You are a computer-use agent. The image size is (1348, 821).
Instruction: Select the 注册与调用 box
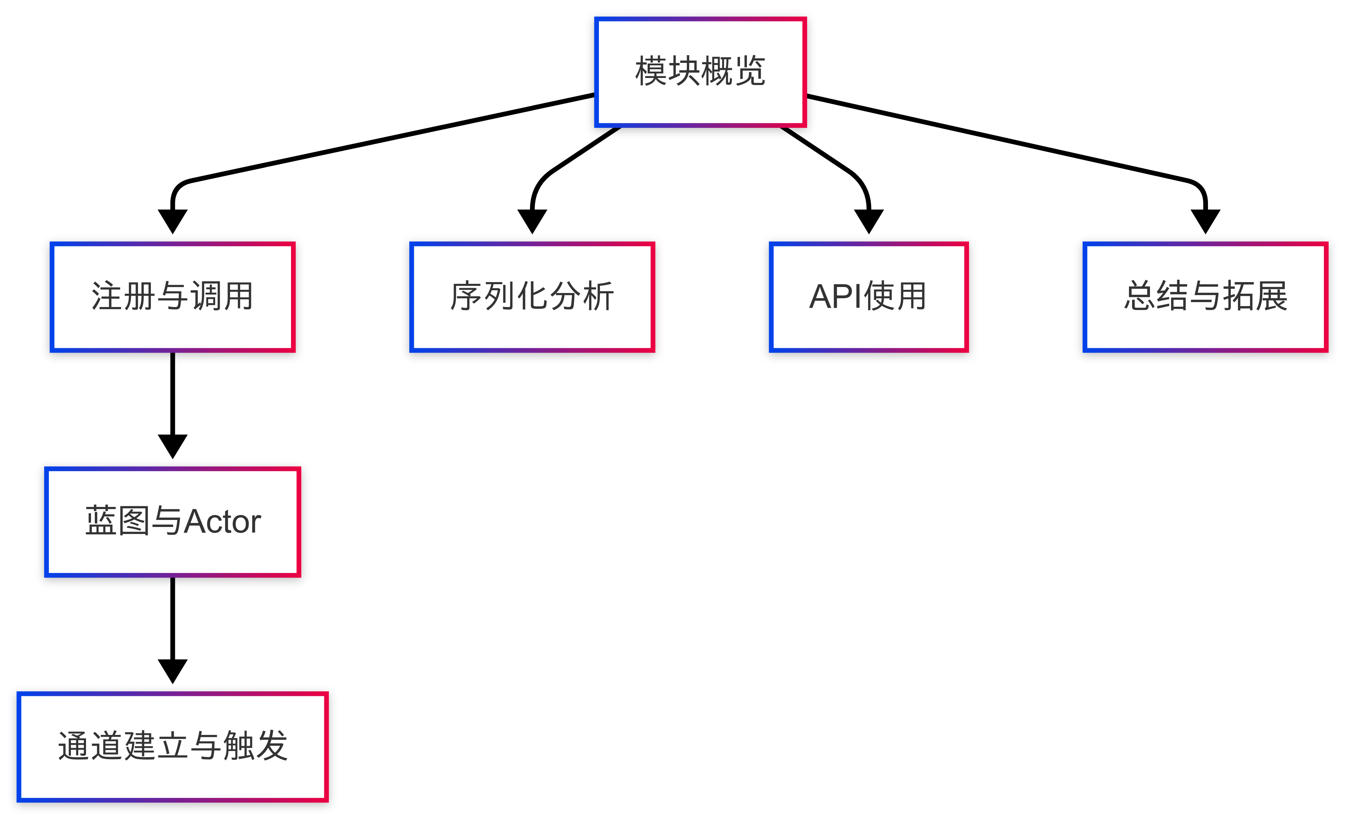tap(172, 297)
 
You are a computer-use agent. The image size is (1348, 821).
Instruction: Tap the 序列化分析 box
tap(532, 297)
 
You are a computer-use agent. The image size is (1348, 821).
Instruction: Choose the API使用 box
tap(868, 297)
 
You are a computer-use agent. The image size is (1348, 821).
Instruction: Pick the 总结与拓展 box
tap(1205, 297)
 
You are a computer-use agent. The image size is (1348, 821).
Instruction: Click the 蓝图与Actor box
tap(172, 522)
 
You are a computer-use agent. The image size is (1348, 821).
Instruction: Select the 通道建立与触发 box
tap(172, 747)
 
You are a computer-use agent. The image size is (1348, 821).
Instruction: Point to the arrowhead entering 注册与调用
tap(172, 221)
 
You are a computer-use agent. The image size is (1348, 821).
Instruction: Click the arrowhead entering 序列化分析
tap(532, 221)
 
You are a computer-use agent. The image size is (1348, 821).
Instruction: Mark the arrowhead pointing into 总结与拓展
tap(1205, 221)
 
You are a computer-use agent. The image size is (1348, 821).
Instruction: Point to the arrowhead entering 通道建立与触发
tap(172, 671)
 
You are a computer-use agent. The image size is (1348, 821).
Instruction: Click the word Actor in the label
tap(222, 522)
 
